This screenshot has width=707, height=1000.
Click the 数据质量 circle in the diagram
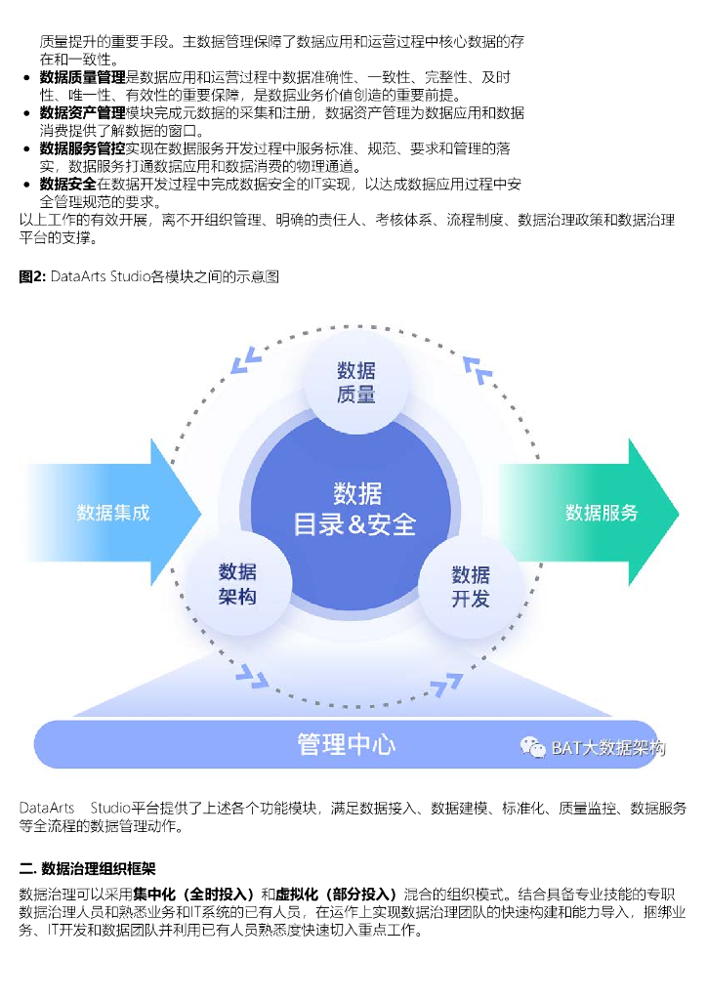(x=355, y=382)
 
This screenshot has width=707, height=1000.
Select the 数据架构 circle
(x=237, y=583)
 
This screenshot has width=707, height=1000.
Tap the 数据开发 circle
(x=471, y=586)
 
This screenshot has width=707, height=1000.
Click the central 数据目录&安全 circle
(x=355, y=509)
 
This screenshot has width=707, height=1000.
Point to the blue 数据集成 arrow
(x=113, y=513)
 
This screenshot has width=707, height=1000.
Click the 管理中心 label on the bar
(x=346, y=744)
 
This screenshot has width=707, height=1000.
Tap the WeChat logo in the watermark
(x=533, y=748)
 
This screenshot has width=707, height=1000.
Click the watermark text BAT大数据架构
(x=607, y=748)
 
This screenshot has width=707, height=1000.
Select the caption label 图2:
(x=33, y=277)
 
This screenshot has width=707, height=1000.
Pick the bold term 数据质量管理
(x=83, y=77)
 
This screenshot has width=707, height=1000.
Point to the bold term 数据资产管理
(x=83, y=113)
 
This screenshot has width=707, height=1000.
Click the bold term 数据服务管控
(x=83, y=148)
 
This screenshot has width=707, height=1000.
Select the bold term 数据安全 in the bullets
(x=68, y=185)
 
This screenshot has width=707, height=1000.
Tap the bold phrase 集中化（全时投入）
(x=195, y=894)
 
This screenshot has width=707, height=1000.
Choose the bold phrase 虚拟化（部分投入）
(x=338, y=894)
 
